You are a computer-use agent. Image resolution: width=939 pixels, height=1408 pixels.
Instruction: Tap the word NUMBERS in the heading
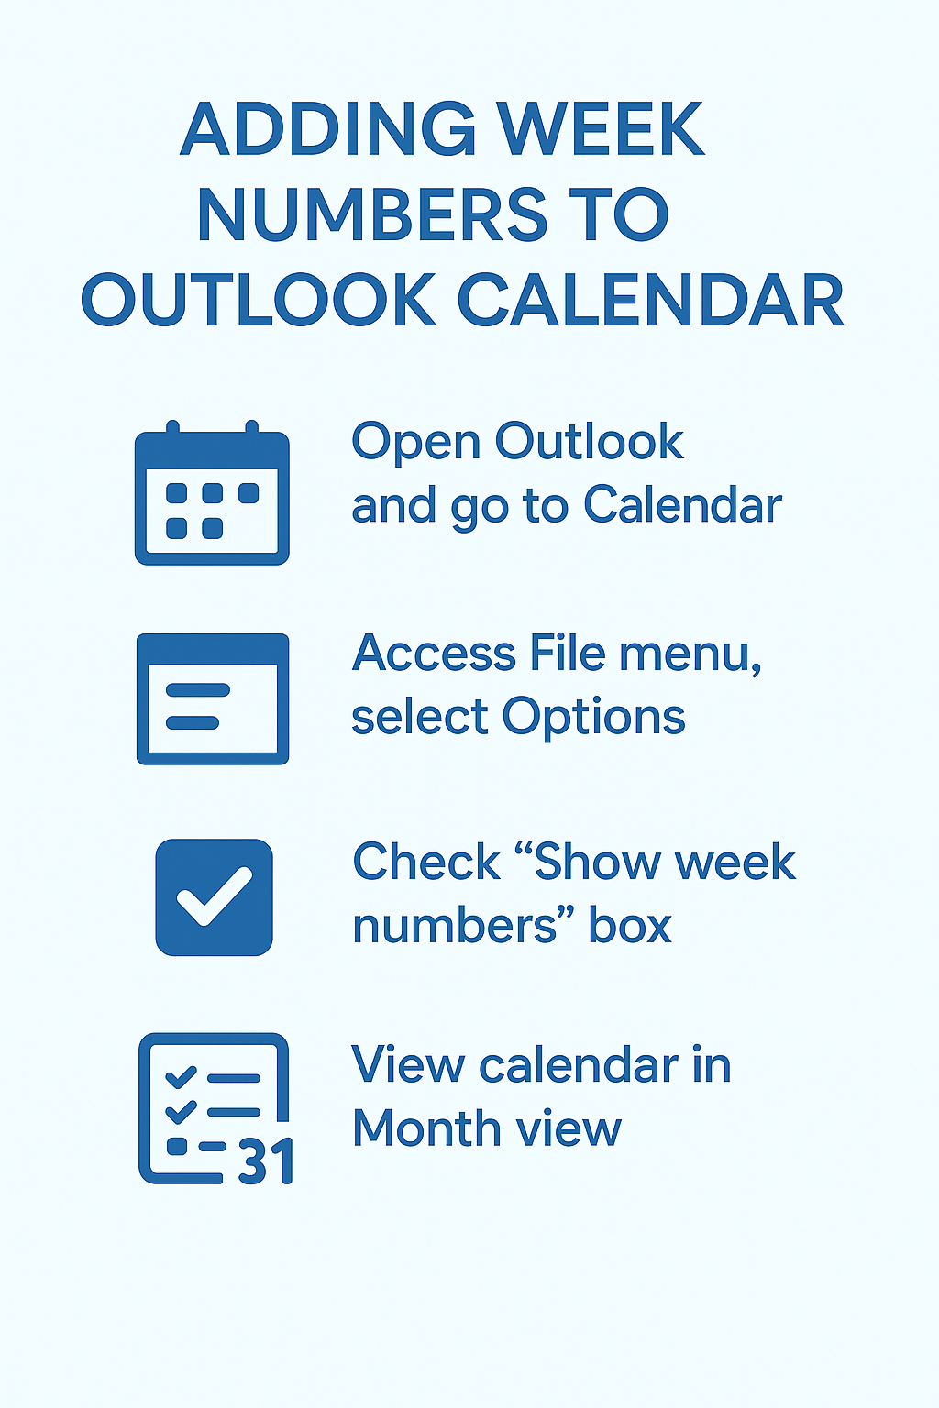coord(371,215)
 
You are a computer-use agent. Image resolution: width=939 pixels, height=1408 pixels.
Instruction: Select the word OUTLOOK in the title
coord(259,301)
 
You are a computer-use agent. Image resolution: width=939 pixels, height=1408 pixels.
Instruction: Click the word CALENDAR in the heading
coord(650,301)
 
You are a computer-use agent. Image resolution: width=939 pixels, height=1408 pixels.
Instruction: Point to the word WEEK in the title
coord(602,129)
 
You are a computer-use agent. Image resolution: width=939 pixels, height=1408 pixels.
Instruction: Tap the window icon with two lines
coord(212,698)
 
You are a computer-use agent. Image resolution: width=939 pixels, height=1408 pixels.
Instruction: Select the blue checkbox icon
coord(214,897)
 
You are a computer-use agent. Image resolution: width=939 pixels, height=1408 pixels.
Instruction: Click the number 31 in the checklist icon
coord(266,1162)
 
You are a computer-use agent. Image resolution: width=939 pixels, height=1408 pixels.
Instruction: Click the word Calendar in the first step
coord(682,506)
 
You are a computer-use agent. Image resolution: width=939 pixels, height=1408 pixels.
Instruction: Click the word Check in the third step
coord(426,863)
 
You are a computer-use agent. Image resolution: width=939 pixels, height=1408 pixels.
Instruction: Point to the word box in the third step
coord(630,926)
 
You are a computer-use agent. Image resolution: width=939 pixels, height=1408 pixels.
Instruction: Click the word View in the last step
coord(408,1065)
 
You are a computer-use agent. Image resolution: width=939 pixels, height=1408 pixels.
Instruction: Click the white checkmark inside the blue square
coord(214,896)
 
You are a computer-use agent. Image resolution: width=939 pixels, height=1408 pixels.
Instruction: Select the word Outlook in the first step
coord(589,442)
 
